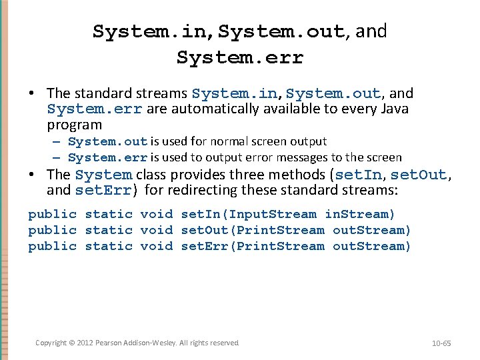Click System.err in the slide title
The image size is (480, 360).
240,58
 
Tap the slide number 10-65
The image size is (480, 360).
441,343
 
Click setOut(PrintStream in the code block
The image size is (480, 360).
253,230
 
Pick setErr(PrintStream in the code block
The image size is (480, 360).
253,246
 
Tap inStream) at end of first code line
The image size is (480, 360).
360,214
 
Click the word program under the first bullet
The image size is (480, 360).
75,125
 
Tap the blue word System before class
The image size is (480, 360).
103,175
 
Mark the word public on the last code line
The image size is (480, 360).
53,246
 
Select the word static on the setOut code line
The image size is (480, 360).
109,230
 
